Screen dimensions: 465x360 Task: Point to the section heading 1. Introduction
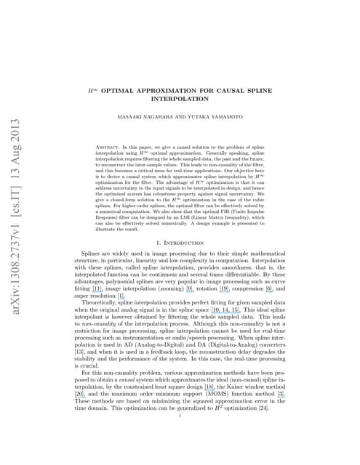pos(180,240)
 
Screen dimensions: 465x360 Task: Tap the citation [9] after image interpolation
pos(190,288)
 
